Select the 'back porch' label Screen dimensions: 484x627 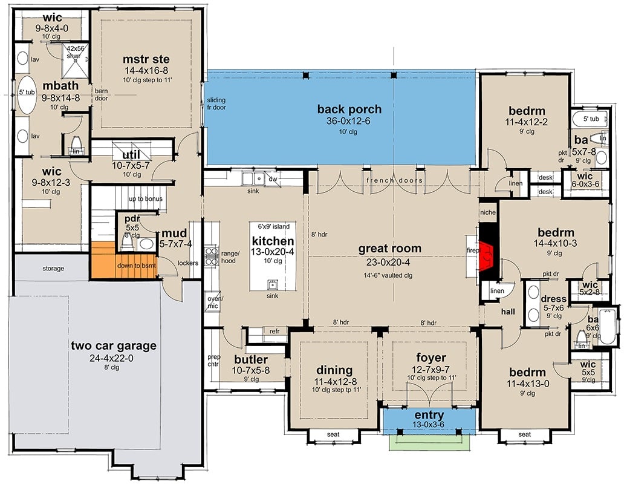(x=349, y=110)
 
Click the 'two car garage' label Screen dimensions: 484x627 (x=114, y=346)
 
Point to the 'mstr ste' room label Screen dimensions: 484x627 (x=146, y=59)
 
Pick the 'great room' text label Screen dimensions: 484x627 (x=389, y=249)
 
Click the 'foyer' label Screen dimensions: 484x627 (x=430, y=358)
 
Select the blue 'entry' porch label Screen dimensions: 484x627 (x=430, y=415)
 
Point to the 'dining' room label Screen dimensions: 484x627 (x=334, y=370)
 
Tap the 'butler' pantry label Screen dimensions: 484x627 (x=250, y=359)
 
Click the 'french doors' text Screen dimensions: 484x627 (x=395, y=180)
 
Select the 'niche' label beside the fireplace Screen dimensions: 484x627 (x=488, y=212)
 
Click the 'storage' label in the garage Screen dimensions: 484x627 (x=54, y=268)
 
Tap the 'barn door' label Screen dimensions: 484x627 (x=100, y=95)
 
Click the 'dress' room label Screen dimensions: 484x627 (x=553, y=299)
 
